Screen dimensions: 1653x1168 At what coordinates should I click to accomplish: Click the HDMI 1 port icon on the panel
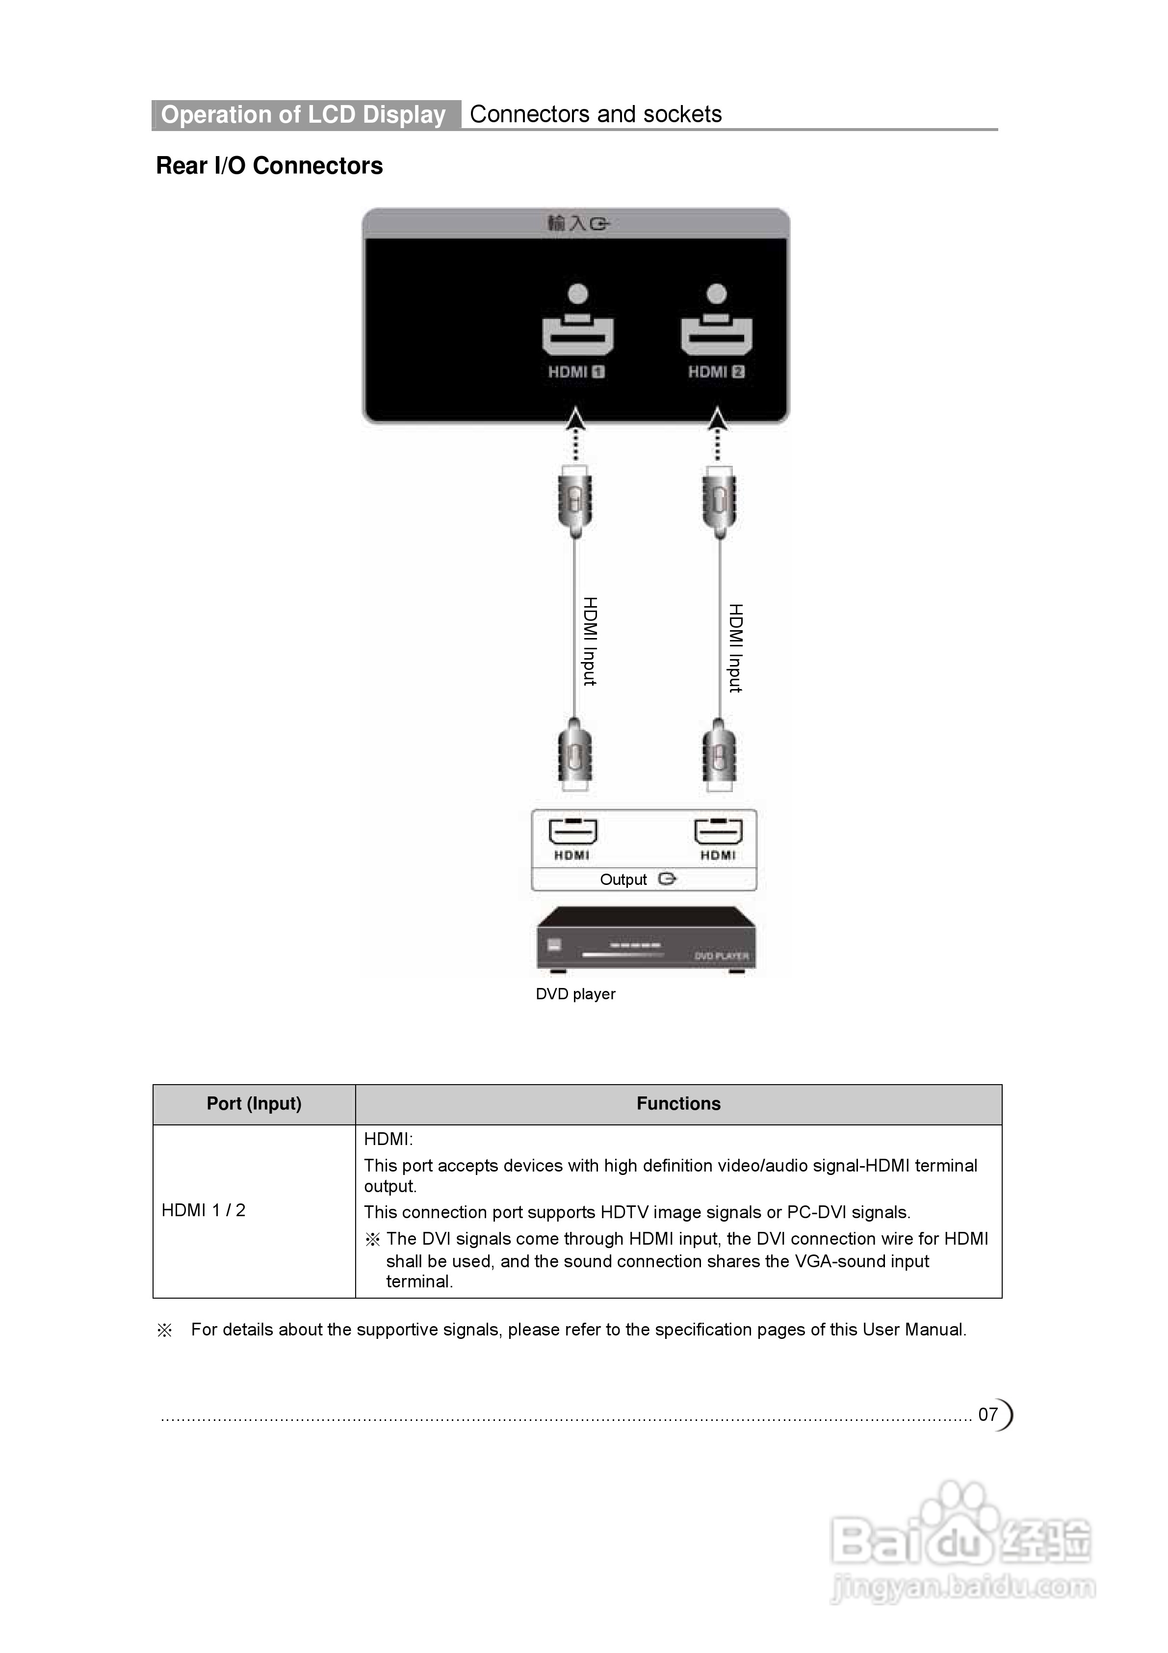[x=577, y=333]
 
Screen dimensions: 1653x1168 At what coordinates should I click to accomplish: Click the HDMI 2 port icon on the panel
[x=716, y=333]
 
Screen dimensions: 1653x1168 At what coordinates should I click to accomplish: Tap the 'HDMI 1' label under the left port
[x=576, y=372]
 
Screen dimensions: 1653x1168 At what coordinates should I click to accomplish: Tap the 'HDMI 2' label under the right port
[x=716, y=372]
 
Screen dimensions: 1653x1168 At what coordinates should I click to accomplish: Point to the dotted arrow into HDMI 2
[x=717, y=435]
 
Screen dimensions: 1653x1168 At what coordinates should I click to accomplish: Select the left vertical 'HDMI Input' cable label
[x=590, y=641]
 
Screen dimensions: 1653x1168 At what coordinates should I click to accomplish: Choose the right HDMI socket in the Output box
[x=718, y=832]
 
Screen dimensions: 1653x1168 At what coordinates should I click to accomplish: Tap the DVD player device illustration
[x=646, y=939]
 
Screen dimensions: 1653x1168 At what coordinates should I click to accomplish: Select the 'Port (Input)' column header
[x=254, y=1104]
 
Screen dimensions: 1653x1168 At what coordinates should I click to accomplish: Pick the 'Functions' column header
[x=678, y=1104]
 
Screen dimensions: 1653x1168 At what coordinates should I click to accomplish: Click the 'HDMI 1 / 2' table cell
[x=204, y=1210]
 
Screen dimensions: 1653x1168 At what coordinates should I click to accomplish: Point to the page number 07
[x=987, y=1414]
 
